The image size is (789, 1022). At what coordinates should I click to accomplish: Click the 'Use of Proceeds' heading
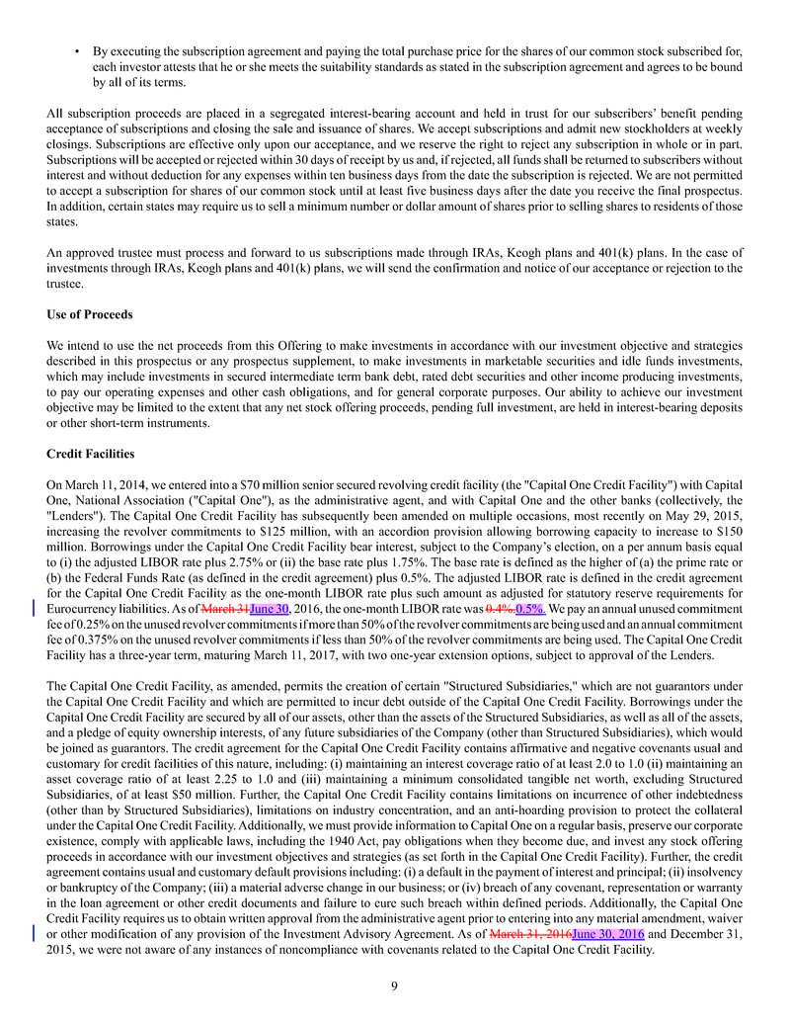89,314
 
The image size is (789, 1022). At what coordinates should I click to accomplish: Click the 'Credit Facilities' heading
92,453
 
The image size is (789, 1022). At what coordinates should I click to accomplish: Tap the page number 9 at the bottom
394,984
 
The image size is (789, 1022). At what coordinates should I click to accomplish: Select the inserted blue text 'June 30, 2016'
608,933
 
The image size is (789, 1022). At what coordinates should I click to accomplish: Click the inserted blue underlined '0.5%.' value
529,609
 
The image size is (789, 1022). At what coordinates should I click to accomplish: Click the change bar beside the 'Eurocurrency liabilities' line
36,609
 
